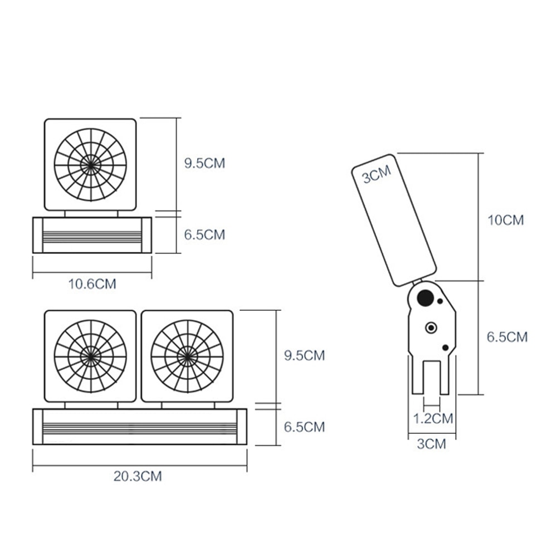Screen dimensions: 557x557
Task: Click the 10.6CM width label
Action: [92, 284]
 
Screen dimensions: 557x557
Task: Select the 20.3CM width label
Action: [139, 476]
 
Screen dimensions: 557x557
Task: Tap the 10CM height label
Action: [506, 220]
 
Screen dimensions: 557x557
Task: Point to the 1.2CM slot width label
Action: [433, 418]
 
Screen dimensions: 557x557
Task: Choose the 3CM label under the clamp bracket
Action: [432, 444]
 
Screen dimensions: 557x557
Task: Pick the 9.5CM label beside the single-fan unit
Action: [204, 164]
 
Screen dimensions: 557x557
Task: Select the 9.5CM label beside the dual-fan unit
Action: [304, 355]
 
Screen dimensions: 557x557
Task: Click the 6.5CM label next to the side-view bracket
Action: [507, 337]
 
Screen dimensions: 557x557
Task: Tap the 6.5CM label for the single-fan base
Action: [204, 235]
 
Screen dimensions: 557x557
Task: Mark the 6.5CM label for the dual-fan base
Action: [304, 427]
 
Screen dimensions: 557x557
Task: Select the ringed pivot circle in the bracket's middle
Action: [431, 328]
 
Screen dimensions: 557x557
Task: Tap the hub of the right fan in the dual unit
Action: [187, 355]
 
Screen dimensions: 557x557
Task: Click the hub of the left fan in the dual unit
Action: [90, 355]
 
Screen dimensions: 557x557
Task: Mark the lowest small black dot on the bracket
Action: [445, 348]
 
